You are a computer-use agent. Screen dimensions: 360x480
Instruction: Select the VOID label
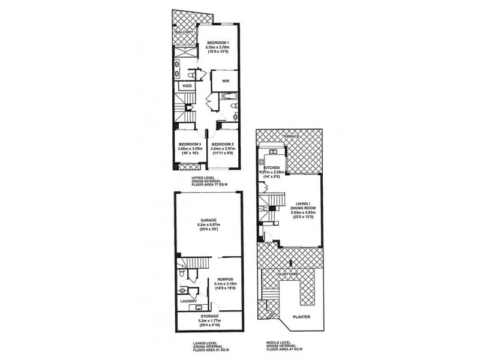click(187, 86)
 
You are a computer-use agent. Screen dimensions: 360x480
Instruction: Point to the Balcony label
click(184, 32)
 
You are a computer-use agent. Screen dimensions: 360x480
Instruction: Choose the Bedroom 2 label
click(222, 144)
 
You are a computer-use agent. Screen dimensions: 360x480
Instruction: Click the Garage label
click(209, 220)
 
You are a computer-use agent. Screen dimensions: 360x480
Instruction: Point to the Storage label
click(209, 316)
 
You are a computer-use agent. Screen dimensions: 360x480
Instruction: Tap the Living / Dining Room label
click(298, 206)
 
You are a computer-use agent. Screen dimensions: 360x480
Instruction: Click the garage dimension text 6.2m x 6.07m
click(209, 225)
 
